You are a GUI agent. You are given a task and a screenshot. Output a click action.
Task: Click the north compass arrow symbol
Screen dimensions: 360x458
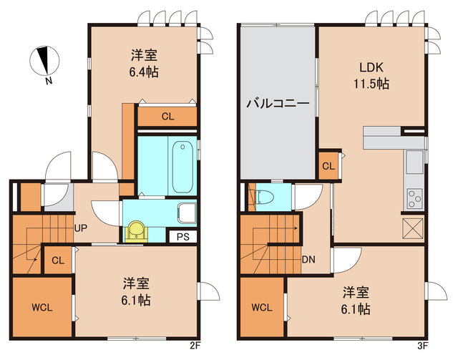[45, 61]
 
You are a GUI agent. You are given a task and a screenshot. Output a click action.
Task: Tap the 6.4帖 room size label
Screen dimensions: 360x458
[145, 72]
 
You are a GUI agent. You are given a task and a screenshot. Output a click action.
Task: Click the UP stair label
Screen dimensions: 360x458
[81, 228]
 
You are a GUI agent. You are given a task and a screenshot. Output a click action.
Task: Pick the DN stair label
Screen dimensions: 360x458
[309, 258]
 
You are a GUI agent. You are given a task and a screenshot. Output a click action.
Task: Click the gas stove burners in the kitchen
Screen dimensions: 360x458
[414, 197]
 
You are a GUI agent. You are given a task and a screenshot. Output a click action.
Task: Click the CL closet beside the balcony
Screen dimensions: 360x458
[328, 167]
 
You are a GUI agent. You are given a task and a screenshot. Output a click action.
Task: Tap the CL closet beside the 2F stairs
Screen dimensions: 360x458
[57, 261]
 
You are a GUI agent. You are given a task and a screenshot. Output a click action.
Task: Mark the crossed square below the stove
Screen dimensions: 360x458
[414, 229]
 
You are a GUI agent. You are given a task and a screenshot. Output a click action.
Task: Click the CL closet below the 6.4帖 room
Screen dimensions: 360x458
[167, 116]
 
